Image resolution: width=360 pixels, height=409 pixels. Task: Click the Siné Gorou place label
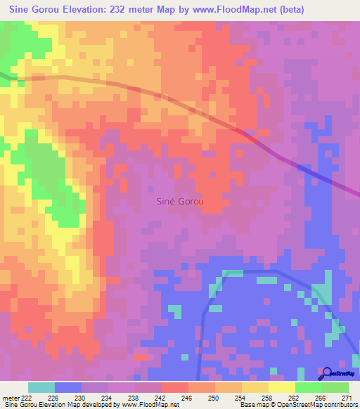click(x=179, y=202)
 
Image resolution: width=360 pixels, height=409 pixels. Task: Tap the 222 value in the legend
click(x=27, y=398)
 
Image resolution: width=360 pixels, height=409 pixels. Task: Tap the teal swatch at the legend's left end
click(x=41, y=387)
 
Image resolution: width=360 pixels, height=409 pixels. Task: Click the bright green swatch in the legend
click(x=309, y=387)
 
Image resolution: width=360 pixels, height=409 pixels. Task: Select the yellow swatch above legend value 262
click(x=282, y=387)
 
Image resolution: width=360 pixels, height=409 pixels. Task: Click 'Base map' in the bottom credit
click(x=252, y=405)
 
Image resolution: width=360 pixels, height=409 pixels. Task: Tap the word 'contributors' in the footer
click(x=337, y=405)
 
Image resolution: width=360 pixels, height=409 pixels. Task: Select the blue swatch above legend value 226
click(x=68, y=387)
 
